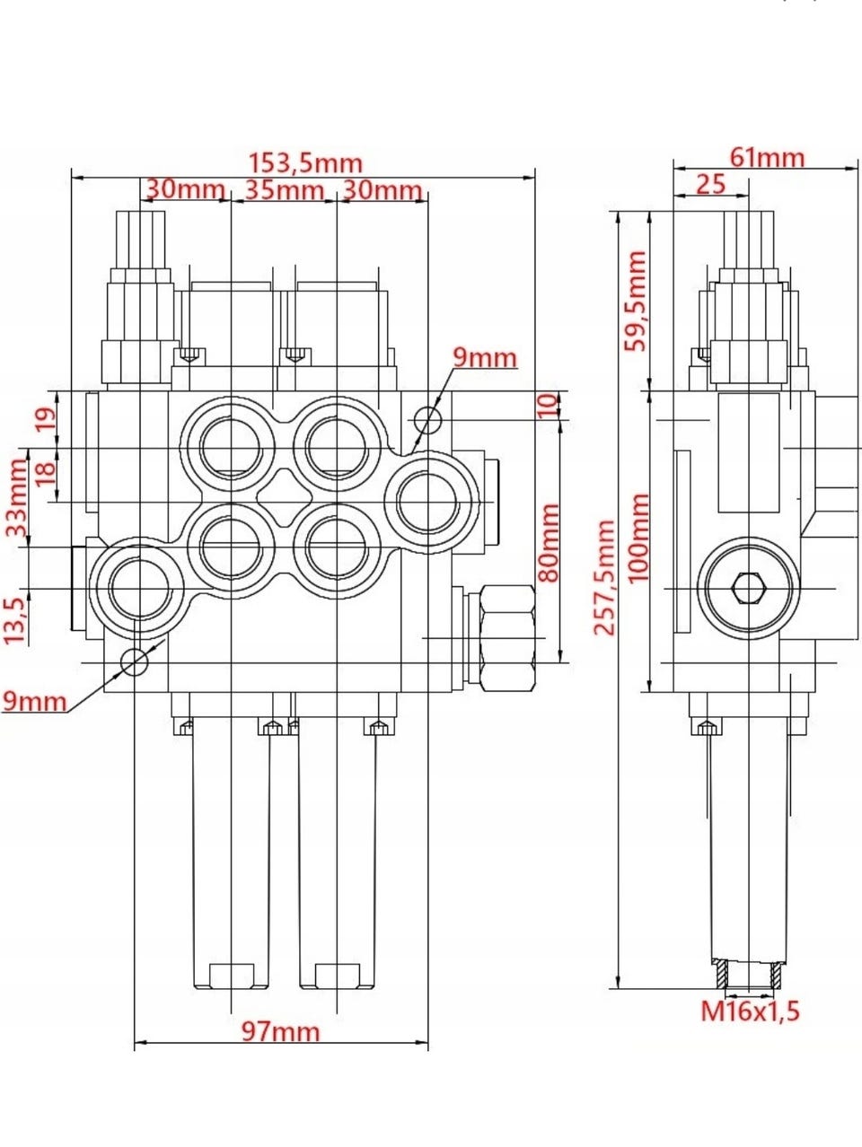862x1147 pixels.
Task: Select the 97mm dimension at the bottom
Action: pos(281,1031)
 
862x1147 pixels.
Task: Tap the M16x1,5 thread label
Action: pos(750,1011)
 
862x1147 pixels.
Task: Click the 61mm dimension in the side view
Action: pos(766,157)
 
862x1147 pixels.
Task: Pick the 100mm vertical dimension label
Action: pos(637,538)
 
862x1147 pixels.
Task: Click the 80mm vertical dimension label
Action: pos(547,542)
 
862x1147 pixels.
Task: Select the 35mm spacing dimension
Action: pos(284,190)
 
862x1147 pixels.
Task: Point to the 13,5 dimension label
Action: pos(14,619)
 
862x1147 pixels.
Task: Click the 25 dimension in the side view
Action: pos(710,184)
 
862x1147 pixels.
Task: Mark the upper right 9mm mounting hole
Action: pos(428,418)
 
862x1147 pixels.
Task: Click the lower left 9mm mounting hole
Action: pos(134,662)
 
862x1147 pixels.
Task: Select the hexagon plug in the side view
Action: pos(749,588)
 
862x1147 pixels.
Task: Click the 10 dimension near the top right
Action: pos(547,406)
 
